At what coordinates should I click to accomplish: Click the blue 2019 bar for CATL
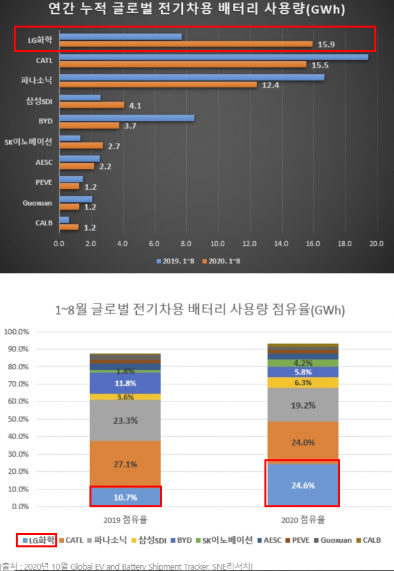tap(214, 57)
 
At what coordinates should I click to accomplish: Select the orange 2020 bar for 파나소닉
tap(158, 85)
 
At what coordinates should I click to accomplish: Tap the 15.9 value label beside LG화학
tap(326, 45)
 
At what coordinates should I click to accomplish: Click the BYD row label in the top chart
tap(45, 121)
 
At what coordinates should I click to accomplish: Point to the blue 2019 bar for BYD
tap(127, 118)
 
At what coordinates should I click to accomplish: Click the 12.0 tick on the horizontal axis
tap(250, 244)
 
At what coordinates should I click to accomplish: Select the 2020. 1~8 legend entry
tap(221, 261)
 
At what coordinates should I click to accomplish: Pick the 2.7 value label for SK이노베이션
tap(114, 147)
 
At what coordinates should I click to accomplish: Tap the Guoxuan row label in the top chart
tap(37, 203)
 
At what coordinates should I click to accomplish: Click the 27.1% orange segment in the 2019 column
tap(126, 464)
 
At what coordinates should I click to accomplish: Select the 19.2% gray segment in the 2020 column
tap(303, 405)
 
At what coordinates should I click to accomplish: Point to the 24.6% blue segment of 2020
tap(303, 485)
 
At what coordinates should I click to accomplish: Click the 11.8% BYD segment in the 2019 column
tap(126, 383)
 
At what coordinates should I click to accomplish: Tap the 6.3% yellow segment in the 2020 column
tap(303, 382)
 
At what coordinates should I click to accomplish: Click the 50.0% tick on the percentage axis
tap(16, 419)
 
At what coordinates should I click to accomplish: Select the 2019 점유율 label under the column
tap(126, 520)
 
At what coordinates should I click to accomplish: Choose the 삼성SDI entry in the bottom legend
tap(149, 540)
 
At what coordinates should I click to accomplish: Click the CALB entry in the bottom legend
tap(369, 540)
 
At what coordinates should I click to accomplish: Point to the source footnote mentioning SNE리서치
tap(126, 566)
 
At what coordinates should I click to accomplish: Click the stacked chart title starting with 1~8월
tap(200, 310)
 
